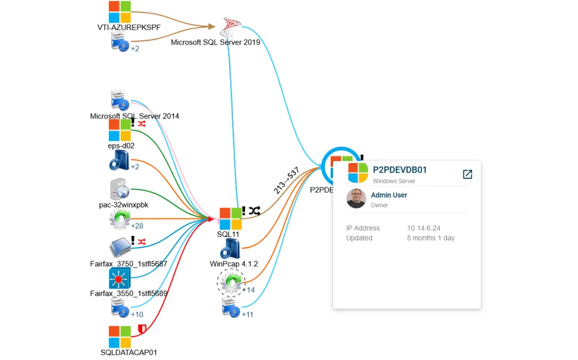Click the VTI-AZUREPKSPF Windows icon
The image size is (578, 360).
[x=120, y=11]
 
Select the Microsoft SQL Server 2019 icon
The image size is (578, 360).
[x=230, y=26]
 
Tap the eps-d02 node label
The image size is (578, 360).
[x=121, y=146]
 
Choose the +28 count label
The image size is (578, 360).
[x=137, y=226]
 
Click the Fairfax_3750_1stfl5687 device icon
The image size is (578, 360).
[x=120, y=248]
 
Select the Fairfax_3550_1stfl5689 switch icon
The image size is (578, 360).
[x=120, y=278]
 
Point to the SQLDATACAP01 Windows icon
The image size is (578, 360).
[x=120, y=336]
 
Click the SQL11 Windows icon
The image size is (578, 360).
[x=230, y=218]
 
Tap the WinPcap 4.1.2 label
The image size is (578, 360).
[x=234, y=264]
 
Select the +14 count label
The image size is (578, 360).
[x=248, y=290]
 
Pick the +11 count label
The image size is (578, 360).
[x=247, y=314]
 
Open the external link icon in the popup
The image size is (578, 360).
[x=467, y=174]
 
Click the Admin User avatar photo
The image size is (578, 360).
[x=356, y=199]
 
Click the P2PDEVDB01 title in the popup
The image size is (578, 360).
[x=400, y=170]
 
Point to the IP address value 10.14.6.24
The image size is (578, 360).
[x=424, y=228]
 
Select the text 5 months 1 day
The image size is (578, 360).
[x=431, y=238]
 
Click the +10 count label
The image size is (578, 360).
[x=137, y=314]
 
